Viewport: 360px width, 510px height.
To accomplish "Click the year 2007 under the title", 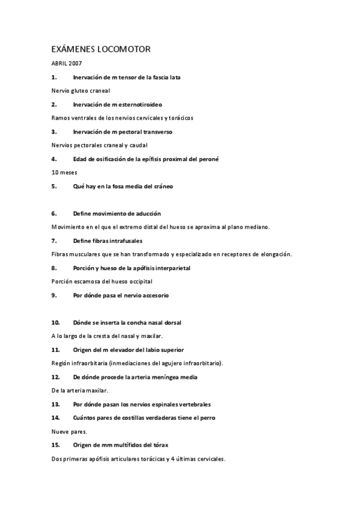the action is coord(75,63).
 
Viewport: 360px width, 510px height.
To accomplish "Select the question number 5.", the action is coord(53,186).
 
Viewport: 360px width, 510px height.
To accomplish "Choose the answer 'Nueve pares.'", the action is coord(70,431).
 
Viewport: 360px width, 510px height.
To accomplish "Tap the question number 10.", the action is coord(55,322).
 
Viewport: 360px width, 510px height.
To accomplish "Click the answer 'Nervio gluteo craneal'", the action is coord(81,91).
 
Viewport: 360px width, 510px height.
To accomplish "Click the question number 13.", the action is coord(55,404).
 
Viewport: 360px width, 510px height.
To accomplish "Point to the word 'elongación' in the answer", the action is coord(274,254).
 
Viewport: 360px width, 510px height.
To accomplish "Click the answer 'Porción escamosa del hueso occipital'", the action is coord(102,281).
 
